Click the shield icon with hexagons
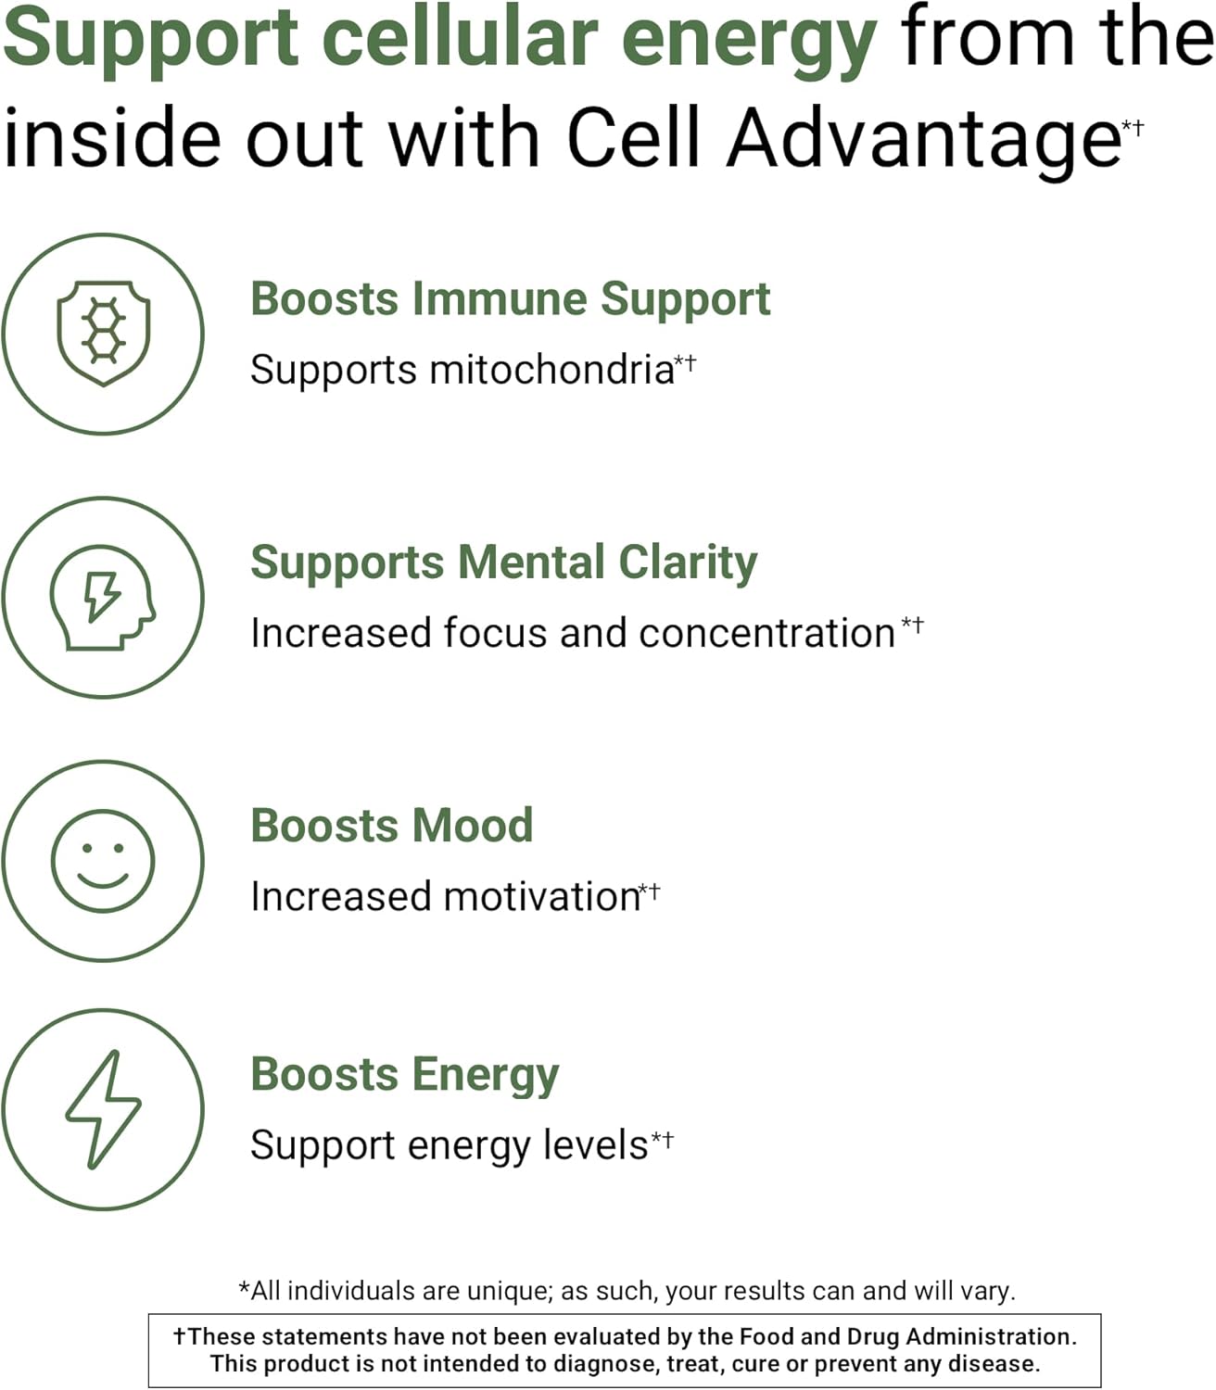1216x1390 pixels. (x=103, y=333)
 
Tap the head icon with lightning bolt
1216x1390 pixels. (x=102, y=597)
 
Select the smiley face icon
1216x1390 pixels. (x=102, y=861)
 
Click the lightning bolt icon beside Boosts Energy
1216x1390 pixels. (x=102, y=1109)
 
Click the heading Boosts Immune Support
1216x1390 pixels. (x=510, y=299)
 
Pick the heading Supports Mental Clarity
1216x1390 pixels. (x=503, y=562)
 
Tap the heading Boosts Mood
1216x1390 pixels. (x=391, y=826)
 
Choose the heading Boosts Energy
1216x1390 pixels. (x=404, y=1075)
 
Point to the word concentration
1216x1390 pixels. (x=766, y=634)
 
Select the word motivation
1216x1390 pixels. (x=541, y=897)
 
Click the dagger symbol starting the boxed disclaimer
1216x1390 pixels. (x=180, y=1336)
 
